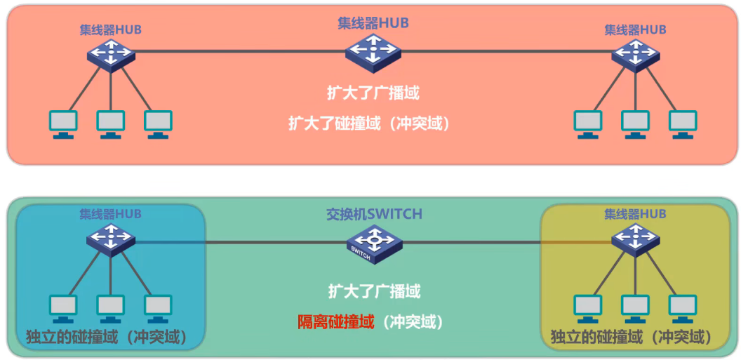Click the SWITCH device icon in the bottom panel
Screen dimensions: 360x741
point(373,243)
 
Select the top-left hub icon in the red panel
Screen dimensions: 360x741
point(110,53)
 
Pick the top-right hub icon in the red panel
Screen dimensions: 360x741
point(634,53)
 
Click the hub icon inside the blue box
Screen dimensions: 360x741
point(110,239)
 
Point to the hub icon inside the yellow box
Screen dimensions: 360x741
point(634,239)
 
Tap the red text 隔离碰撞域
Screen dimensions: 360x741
point(335,322)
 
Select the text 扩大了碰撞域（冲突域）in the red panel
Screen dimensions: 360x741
point(370,123)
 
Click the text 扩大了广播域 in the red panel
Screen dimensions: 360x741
point(373,93)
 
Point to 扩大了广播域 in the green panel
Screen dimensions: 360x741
point(374,291)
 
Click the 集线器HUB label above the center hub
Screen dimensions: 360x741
point(373,23)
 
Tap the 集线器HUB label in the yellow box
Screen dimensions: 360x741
point(635,214)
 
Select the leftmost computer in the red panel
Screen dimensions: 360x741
point(63,123)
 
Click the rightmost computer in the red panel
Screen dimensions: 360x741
point(683,123)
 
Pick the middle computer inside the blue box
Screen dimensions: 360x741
point(110,307)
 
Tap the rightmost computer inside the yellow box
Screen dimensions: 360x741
point(683,307)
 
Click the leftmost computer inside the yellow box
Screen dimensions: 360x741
point(588,307)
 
